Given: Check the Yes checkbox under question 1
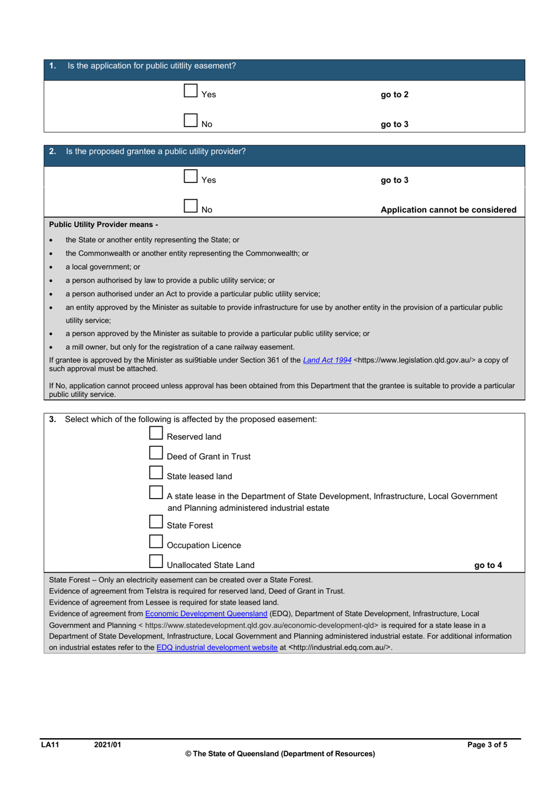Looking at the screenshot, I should [x=190, y=91].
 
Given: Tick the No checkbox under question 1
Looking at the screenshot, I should [x=190, y=120].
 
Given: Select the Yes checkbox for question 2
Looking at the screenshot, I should [x=190, y=176].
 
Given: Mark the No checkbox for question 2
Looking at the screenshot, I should [x=190, y=205].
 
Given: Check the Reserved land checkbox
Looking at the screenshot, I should [x=156, y=433].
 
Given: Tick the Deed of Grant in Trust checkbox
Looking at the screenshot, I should [x=156, y=453].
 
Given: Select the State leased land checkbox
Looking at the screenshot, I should [x=156, y=473].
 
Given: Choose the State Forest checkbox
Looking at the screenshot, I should [x=156, y=522].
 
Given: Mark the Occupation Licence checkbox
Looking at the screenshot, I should [x=156, y=542].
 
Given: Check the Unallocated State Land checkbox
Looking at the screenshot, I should [x=156, y=562].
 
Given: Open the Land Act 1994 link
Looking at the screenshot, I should [x=327, y=360].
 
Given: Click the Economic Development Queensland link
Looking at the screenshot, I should [x=206, y=613].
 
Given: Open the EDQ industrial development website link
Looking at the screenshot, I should [x=216, y=648].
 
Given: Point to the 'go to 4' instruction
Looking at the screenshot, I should [x=488, y=565].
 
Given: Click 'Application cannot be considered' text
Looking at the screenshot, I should [x=448, y=210].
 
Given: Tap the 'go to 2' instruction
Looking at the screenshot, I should [x=394, y=95].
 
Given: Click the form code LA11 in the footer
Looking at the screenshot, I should [x=50, y=745].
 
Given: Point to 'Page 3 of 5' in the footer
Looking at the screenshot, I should [x=487, y=745].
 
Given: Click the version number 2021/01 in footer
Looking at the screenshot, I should [x=107, y=745].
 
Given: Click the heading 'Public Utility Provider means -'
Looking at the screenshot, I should [x=103, y=224].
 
